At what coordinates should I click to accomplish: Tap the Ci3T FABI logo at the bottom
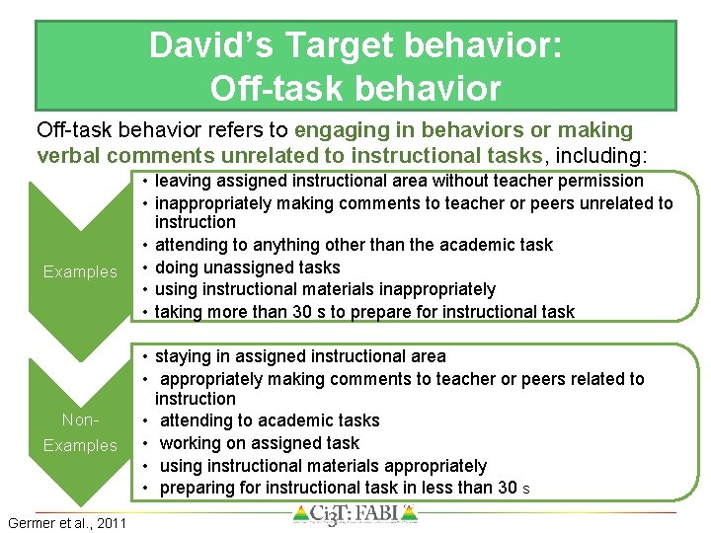click(355, 515)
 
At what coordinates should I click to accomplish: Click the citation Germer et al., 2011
click(66, 522)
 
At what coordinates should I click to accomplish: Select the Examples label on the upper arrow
click(80, 271)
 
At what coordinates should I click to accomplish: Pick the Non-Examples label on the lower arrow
click(80, 432)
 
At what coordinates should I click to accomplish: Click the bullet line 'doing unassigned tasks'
click(247, 267)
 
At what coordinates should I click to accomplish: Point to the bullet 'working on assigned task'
click(259, 443)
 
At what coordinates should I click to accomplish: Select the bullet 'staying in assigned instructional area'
click(300, 356)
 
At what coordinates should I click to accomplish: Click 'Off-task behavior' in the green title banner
click(355, 89)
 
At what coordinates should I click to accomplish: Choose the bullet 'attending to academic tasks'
click(269, 420)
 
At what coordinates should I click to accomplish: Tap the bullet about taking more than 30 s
click(364, 312)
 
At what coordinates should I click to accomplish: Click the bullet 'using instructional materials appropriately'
click(323, 466)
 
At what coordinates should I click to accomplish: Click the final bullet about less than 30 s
click(344, 488)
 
